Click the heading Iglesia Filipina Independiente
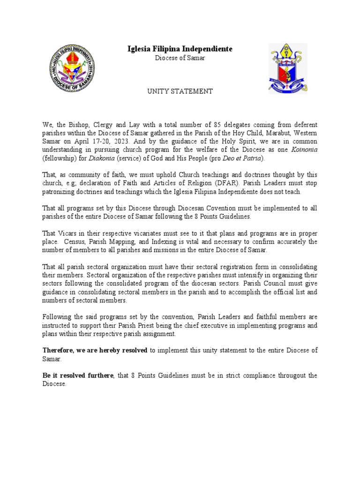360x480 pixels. click(x=180, y=49)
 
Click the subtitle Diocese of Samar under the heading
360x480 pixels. click(x=180, y=58)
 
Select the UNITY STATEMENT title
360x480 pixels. click(x=180, y=91)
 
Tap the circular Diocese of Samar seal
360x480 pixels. click(x=72, y=70)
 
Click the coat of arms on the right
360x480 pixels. click(x=288, y=69)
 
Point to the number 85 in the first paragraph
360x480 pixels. click(x=217, y=125)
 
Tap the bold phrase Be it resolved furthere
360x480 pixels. click(x=78, y=376)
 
